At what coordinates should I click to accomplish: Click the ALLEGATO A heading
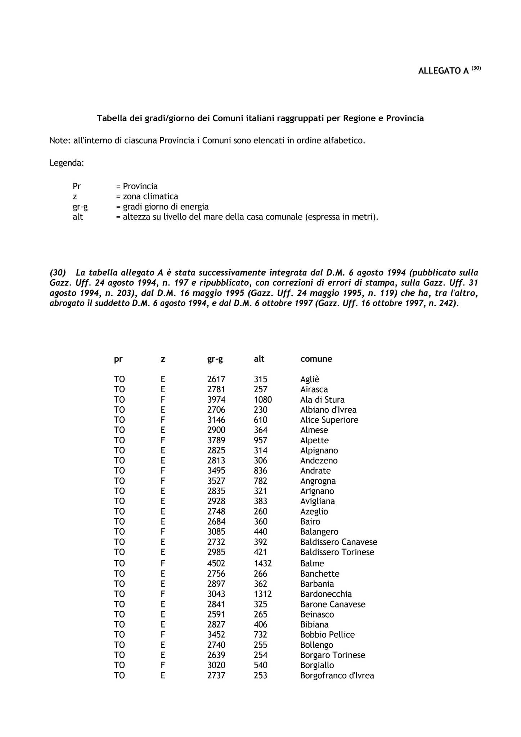pyautogui.click(x=443, y=71)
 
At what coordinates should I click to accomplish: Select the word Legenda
pyautogui.click(x=67, y=163)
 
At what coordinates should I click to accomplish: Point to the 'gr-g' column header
pyautogui.click(x=215, y=359)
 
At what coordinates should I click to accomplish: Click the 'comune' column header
pyautogui.click(x=316, y=359)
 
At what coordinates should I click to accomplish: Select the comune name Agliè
pyautogui.click(x=310, y=380)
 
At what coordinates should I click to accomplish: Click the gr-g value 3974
pyautogui.click(x=216, y=400)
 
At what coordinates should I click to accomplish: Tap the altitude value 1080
pyautogui.click(x=263, y=400)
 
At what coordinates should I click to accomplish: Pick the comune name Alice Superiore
pyautogui.click(x=329, y=420)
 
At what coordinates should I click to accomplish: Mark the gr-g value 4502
pyautogui.click(x=216, y=564)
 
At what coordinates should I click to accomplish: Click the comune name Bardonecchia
pyautogui.click(x=326, y=594)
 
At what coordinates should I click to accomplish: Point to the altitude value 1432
pyautogui.click(x=263, y=564)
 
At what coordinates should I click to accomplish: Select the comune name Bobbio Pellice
pyautogui.click(x=327, y=634)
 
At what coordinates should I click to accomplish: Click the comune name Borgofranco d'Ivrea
pyautogui.click(x=337, y=675)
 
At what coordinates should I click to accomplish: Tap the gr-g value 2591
pyautogui.click(x=216, y=614)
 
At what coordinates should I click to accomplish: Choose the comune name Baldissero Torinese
pyautogui.click(x=337, y=552)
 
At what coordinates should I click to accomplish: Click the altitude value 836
pyautogui.click(x=261, y=471)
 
